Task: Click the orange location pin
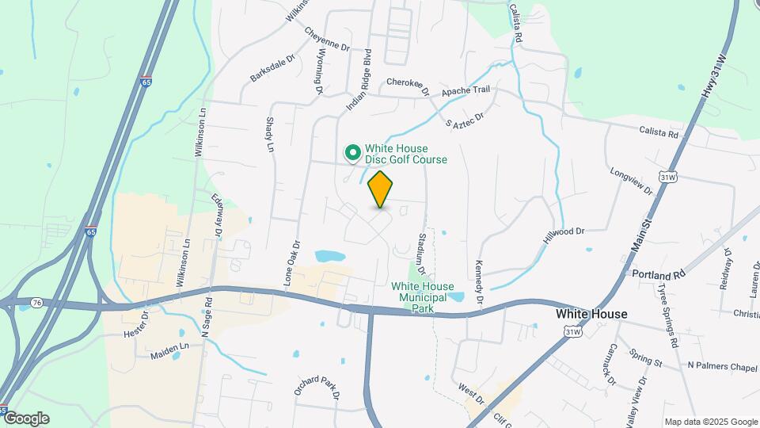[x=380, y=189]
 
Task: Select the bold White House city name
[x=591, y=314]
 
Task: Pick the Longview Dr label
[x=631, y=181]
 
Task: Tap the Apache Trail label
[x=466, y=91]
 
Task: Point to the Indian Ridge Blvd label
[x=359, y=80]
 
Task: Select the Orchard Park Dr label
[x=317, y=387]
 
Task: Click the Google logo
[x=25, y=418]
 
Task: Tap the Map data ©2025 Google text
[x=711, y=422]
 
